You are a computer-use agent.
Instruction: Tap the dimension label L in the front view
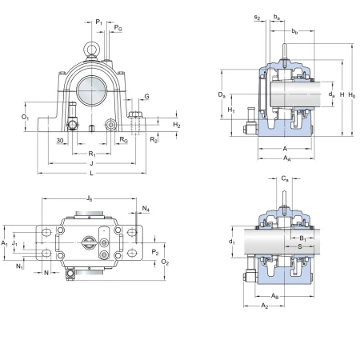point(91,174)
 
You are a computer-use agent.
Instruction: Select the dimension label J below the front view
point(91,163)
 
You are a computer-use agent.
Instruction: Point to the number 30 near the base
point(60,141)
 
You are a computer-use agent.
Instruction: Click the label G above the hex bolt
point(146,96)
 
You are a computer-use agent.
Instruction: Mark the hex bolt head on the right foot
point(135,114)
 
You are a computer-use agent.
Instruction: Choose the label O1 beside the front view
point(25,117)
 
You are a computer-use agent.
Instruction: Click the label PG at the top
point(118,27)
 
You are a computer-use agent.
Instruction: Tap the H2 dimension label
point(177,125)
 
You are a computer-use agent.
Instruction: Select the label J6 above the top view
point(90,198)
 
